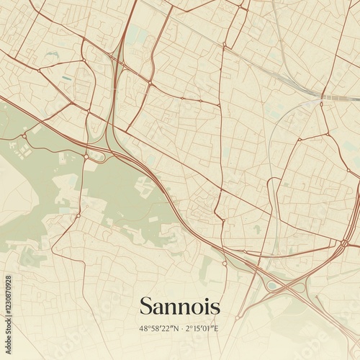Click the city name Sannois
pos(179,305)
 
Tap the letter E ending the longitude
pos(216,329)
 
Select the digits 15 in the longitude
pos(195,329)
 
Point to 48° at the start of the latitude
pos(145,329)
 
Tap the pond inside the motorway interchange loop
pos(271,286)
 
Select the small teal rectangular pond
pos(66,78)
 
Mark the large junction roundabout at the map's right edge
pos(344,243)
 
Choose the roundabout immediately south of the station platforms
pos(321,104)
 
